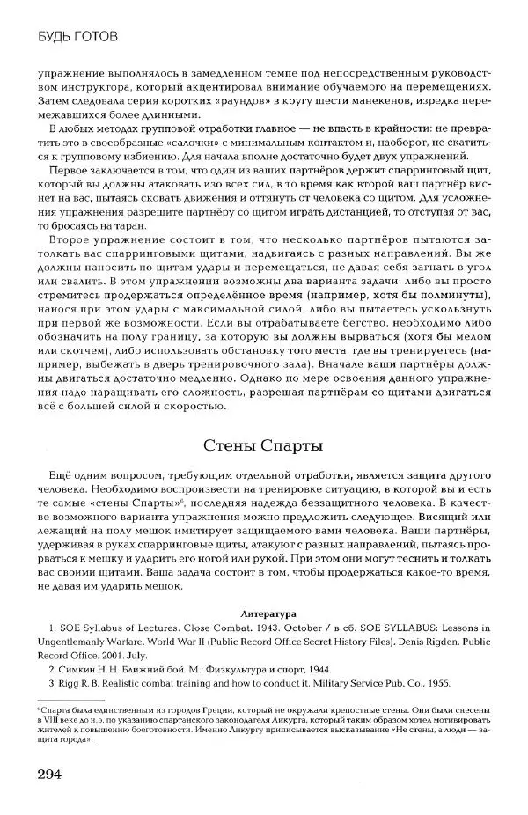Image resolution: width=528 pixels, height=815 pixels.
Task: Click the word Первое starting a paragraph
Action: (68, 171)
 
